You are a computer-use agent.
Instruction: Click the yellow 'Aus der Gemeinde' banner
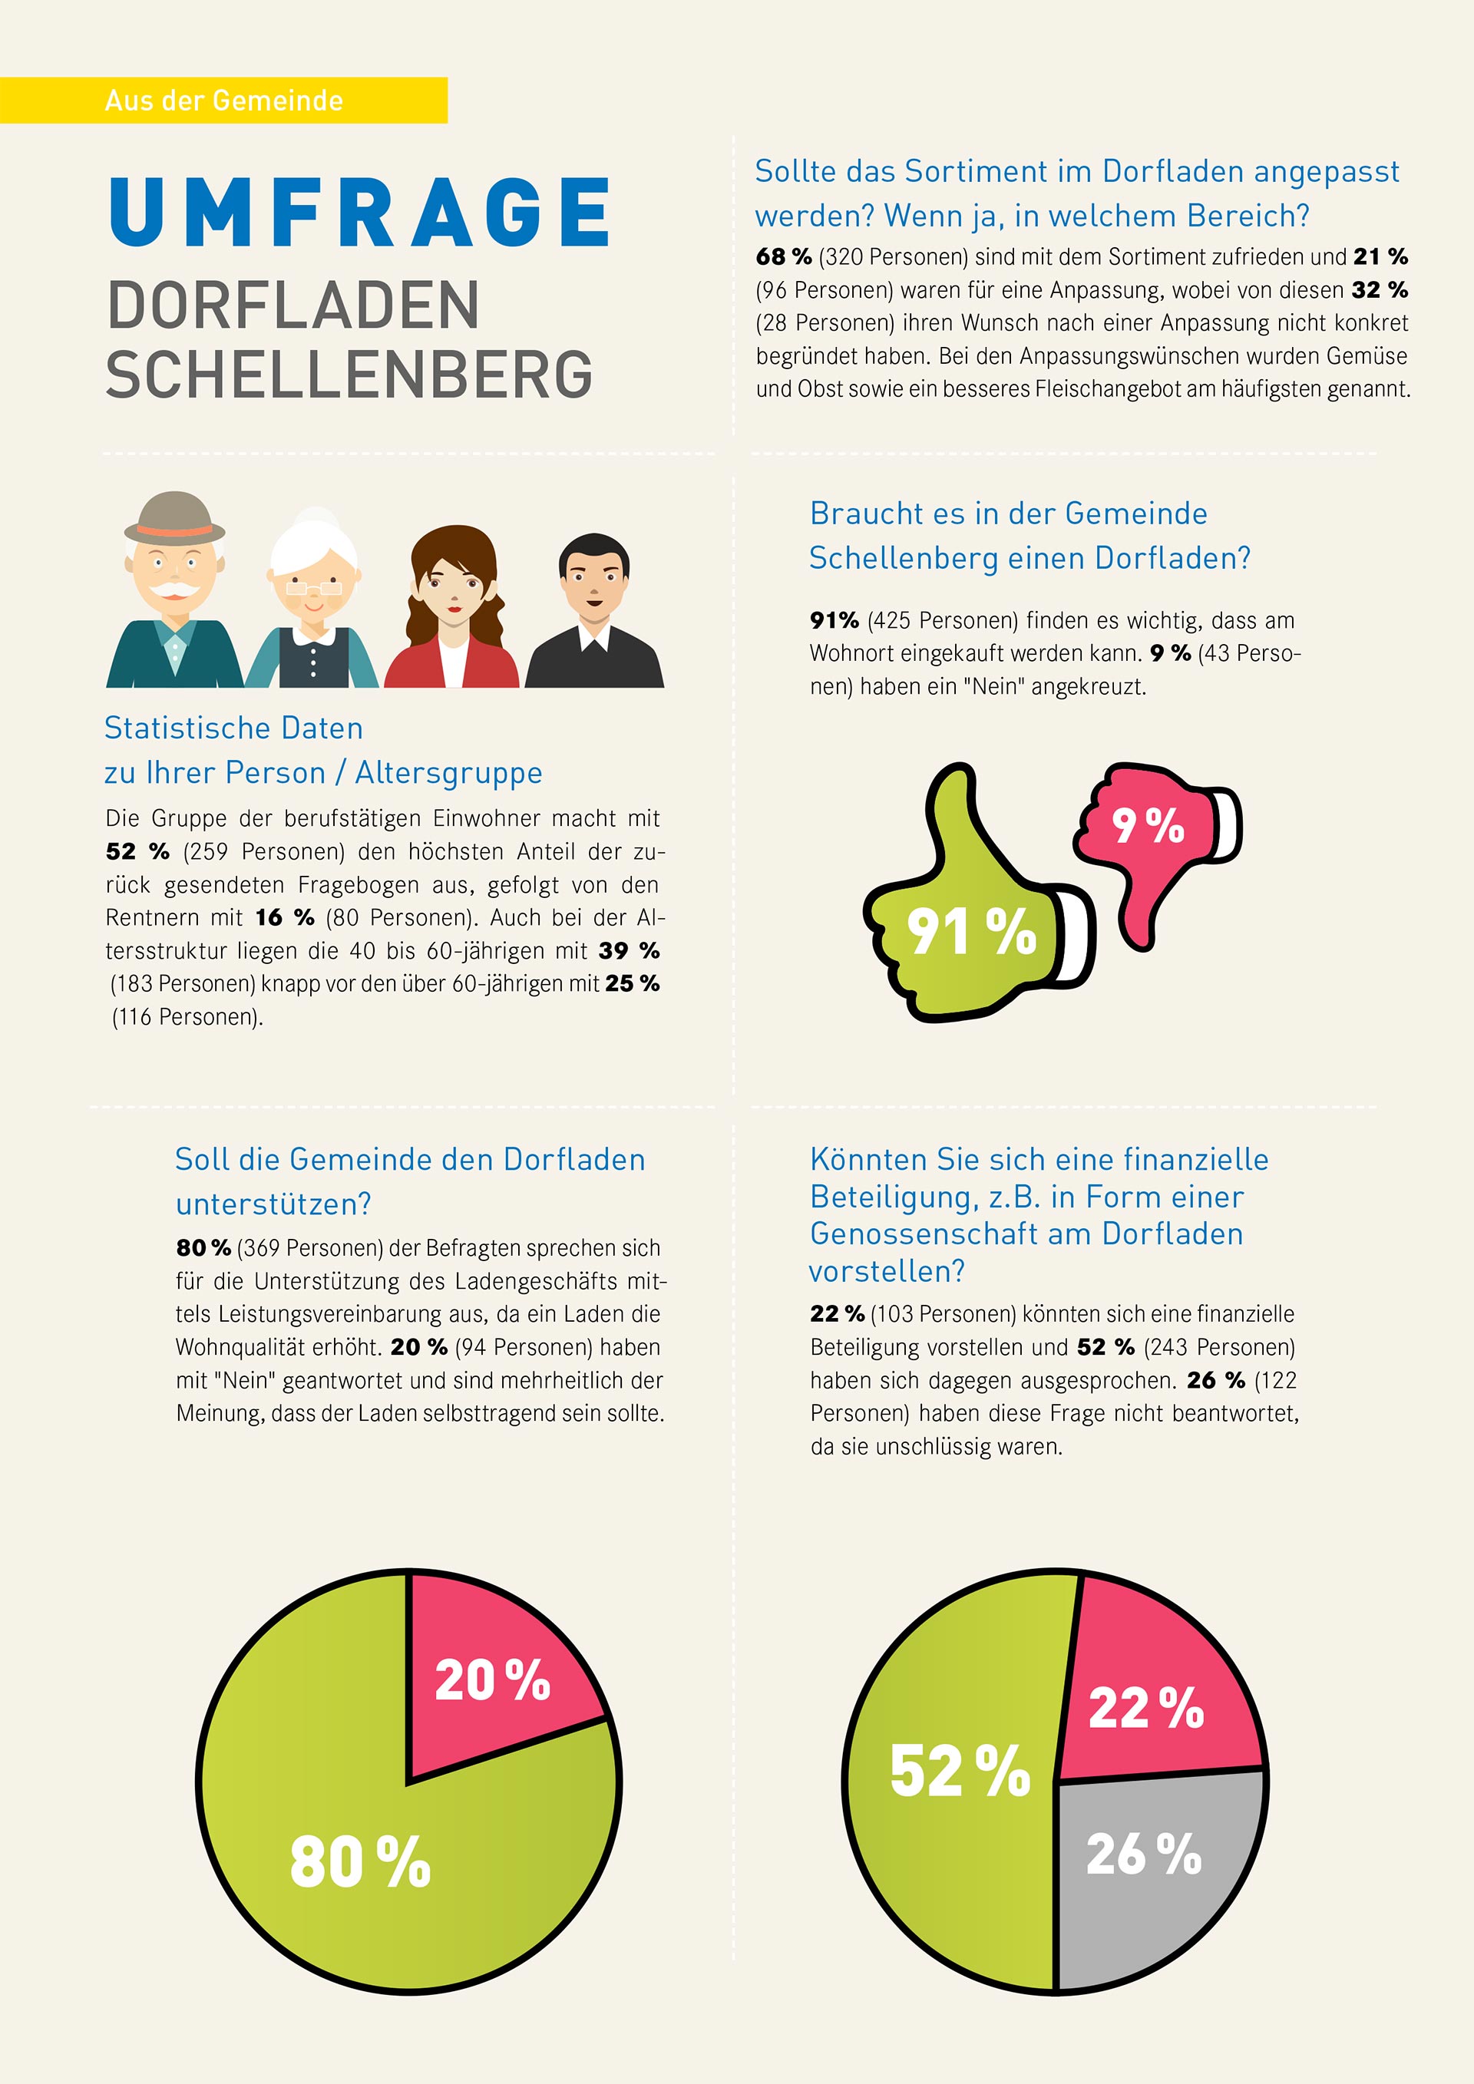point(223,100)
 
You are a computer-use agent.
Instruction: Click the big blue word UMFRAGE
point(359,213)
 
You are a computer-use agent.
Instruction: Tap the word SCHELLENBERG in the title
point(349,374)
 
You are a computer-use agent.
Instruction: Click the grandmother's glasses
point(313,587)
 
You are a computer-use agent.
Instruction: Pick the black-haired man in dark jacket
point(594,617)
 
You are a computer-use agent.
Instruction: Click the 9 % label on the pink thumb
point(1148,825)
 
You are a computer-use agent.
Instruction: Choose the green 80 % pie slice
point(363,1861)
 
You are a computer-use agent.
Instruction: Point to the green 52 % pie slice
point(957,1770)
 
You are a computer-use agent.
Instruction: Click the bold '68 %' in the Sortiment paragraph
point(783,257)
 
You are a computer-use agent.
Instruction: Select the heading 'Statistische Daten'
point(233,728)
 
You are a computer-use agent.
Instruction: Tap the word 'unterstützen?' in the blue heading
point(273,1204)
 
